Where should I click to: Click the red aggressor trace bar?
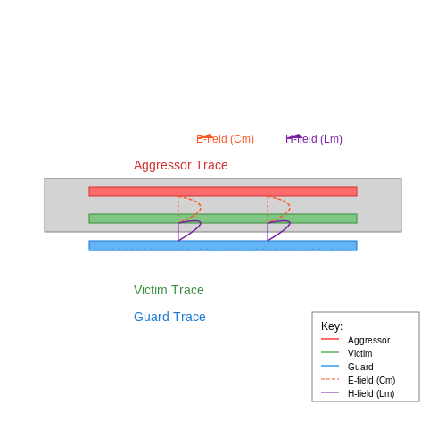tap(223, 192)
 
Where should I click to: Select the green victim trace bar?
tap(223, 219)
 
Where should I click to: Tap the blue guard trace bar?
tap(223, 245)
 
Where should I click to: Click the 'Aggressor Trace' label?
tap(181, 165)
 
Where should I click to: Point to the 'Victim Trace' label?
tap(169, 290)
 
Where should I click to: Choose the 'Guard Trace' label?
tap(169, 317)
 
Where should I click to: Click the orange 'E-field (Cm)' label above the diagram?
tap(226, 139)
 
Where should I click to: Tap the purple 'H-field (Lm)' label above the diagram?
tap(314, 139)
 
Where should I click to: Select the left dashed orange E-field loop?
tap(201, 207)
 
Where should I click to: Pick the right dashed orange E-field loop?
tap(290, 207)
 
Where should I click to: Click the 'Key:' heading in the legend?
tap(332, 326)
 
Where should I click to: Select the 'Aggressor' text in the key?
tap(369, 340)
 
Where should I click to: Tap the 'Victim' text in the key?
tap(360, 353)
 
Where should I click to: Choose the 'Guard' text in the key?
tap(360, 367)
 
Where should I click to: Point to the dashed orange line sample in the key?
tap(330, 379)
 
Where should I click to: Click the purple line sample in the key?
tap(330, 392)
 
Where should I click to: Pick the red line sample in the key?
tap(330, 339)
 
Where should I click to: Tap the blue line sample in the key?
tap(330, 366)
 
